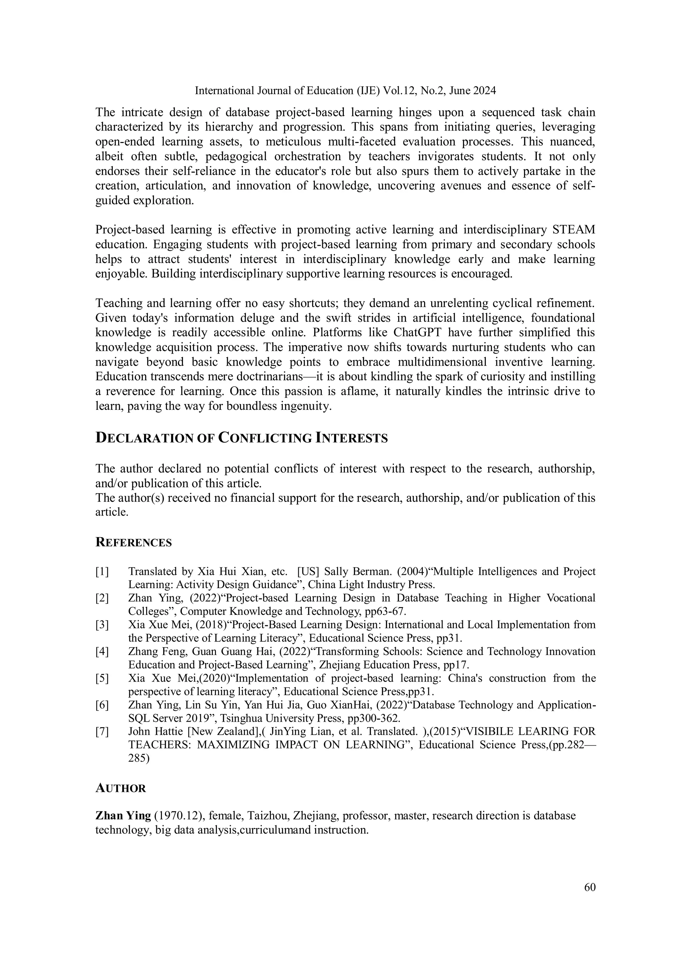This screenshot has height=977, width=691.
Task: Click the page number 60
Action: [590, 887]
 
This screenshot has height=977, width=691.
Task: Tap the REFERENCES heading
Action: [133, 543]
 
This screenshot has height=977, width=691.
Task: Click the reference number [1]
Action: [102, 572]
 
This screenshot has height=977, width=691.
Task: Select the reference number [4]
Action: [102, 652]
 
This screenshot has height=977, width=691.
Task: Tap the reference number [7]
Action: [102, 731]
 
